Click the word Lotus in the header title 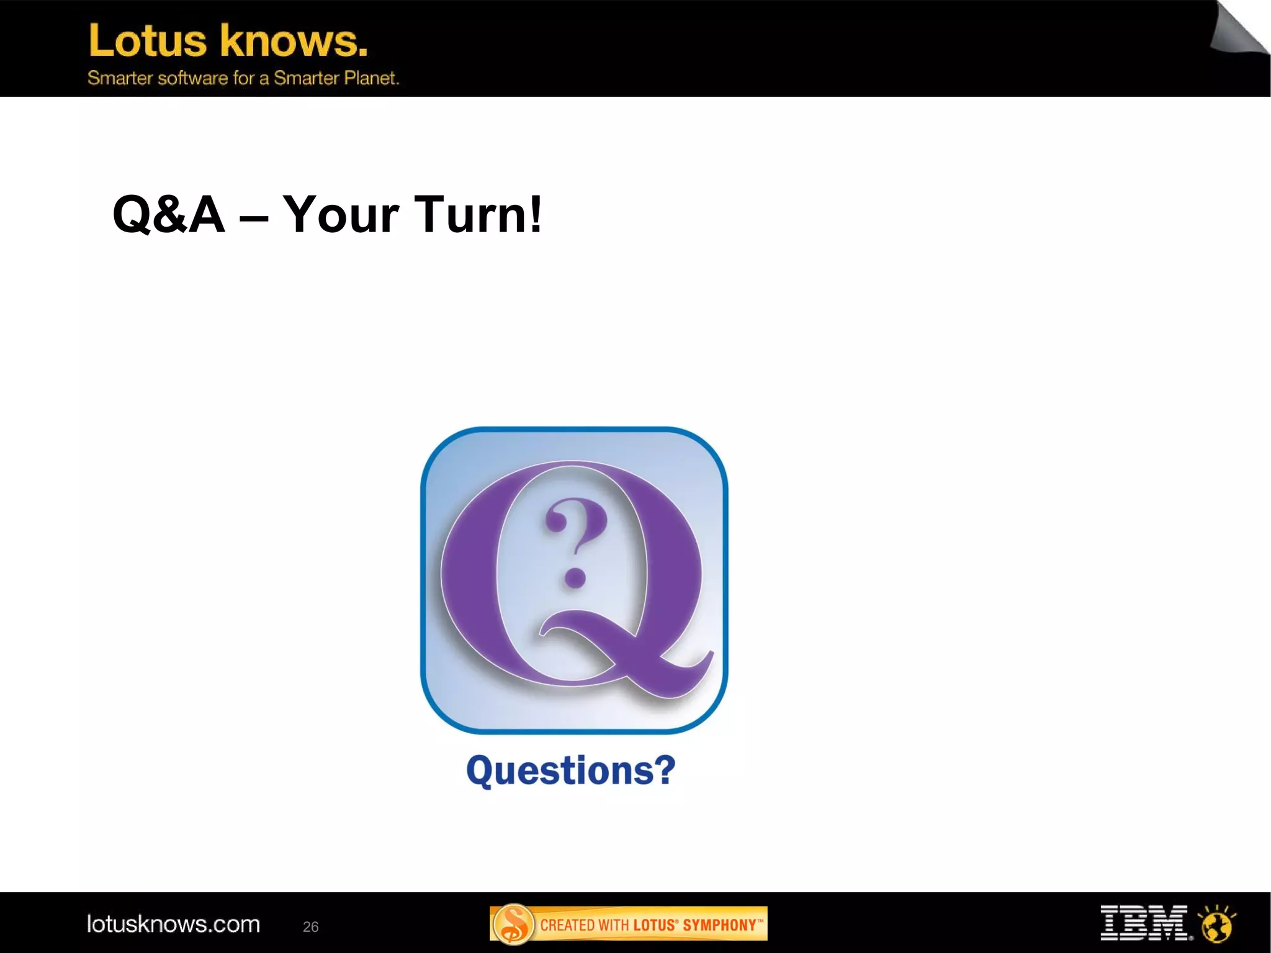[x=148, y=41]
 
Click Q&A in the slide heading [x=168, y=214]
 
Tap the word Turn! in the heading [x=477, y=214]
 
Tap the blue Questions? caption [x=570, y=770]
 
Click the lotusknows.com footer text [x=173, y=924]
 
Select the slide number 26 [x=310, y=927]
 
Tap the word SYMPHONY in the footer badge [x=719, y=925]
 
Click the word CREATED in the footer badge [x=567, y=925]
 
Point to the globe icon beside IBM [x=1217, y=924]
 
